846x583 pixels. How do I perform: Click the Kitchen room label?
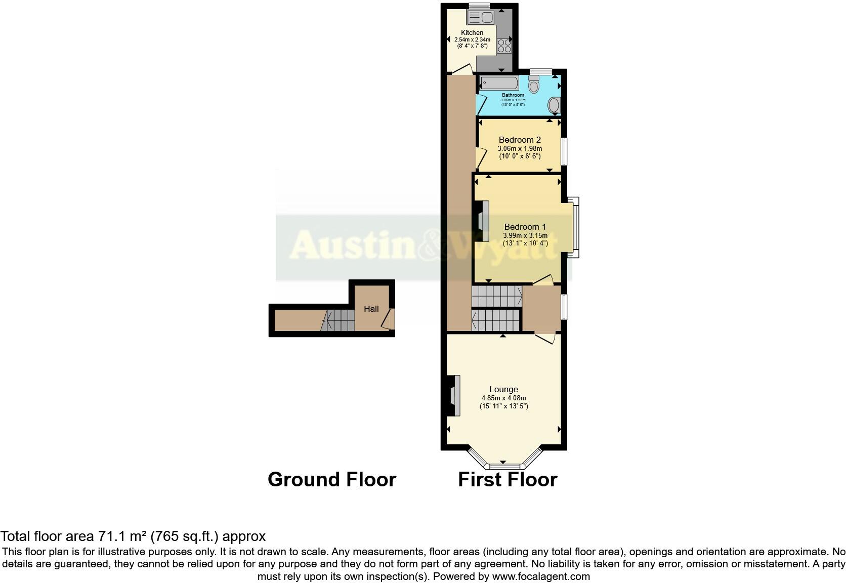point(472,32)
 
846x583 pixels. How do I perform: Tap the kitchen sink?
point(480,18)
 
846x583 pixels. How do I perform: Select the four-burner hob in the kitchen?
point(504,46)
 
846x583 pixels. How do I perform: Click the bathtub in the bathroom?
point(498,83)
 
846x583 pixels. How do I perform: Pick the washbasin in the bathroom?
point(555,106)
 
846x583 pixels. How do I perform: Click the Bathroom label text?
point(513,95)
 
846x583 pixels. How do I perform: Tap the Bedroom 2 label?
point(520,140)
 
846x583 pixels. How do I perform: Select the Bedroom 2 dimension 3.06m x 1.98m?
point(520,148)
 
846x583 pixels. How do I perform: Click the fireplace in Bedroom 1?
point(481,222)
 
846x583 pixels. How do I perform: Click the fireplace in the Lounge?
point(453,395)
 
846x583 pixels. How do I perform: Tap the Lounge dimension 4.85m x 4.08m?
point(503,398)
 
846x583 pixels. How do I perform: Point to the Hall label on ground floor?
point(371,309)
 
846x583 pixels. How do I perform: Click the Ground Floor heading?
point(331,479)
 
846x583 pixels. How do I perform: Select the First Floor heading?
point(507,479)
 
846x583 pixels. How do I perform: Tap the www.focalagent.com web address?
point(541,576)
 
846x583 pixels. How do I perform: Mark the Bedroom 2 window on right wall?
point(564,151)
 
